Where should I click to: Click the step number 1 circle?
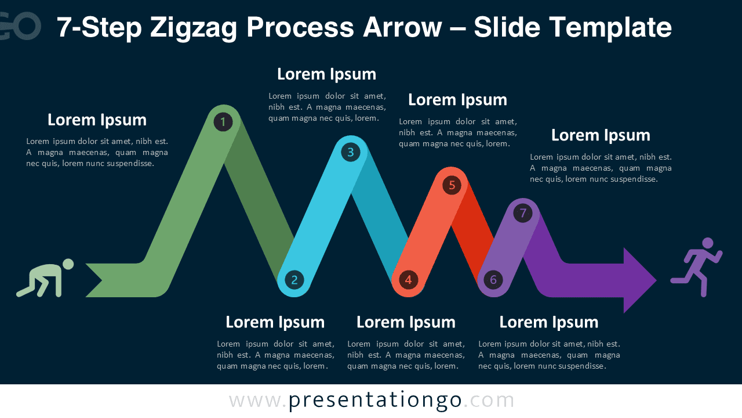(223, 121)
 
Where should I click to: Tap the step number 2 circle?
(294, 280)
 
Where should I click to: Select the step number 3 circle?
(350, 152)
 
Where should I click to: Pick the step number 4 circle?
(408, 280)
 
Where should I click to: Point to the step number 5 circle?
(452, 185)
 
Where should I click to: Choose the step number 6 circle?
(493, 280)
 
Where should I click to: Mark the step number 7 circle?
(523, 213)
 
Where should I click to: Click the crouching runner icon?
(45, 278)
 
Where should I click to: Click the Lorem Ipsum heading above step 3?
(326, 74)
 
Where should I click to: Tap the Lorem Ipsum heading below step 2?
(275, 322)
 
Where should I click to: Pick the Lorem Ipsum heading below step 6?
(548, 322)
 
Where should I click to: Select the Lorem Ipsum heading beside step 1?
(97, 120)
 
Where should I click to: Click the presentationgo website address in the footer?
(372, 400)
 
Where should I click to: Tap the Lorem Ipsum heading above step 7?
(601, 135)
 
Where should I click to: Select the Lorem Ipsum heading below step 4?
(406, 322)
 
